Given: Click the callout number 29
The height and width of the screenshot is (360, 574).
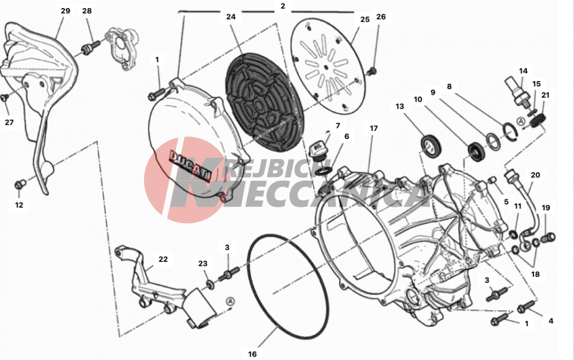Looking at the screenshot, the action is [x=65, y=11].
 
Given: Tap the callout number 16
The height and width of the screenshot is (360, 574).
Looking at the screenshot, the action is [x=252, y=354].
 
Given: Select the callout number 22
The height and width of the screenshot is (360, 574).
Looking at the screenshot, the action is [x=163, y=260].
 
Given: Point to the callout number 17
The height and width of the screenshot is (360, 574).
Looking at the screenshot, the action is [x=374, y=129].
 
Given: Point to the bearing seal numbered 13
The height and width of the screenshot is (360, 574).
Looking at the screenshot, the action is [x=431, y=145].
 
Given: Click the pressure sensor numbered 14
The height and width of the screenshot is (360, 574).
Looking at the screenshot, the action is [x=517, y=91].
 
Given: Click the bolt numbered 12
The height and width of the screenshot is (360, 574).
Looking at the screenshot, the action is [x=20, y=184].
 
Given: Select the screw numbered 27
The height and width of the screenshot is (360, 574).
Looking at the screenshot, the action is [x=5, y=97].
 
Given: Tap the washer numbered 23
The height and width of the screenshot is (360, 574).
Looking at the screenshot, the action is [x=211, y=284].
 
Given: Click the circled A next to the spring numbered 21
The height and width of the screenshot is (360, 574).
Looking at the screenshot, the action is [x=521, y=122].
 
